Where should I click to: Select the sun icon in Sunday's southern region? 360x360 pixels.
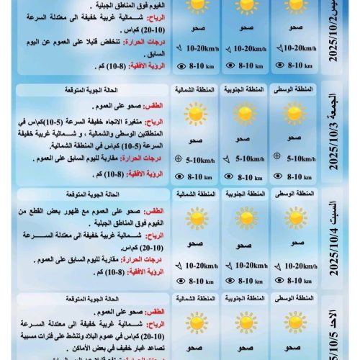pos(246,321)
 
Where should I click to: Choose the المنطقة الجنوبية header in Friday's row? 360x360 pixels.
pos(246,89)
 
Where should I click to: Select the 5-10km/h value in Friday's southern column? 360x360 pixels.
pos(249,161)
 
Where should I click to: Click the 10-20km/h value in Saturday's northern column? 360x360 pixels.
pos(201,265)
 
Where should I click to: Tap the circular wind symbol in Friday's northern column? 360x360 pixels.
pos(178,161)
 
